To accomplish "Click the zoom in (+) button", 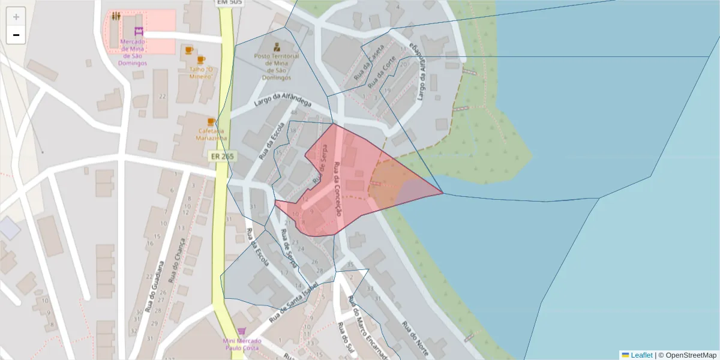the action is pos(16,17).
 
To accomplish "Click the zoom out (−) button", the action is pos(16,35).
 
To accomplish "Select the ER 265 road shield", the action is pos(222,156).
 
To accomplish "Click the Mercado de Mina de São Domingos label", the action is pos(133,52).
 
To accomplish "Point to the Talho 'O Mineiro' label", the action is pos(198,73).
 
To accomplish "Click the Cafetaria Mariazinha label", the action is pos(211,134).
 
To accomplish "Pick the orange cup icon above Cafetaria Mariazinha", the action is pos(211,121).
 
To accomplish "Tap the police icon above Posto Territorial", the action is pos(276,46).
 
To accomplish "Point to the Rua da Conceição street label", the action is pos(337,190).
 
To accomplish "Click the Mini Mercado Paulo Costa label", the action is pos(241,344).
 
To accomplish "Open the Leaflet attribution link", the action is pos(641,355).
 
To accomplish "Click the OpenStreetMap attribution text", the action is pos(690,355).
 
